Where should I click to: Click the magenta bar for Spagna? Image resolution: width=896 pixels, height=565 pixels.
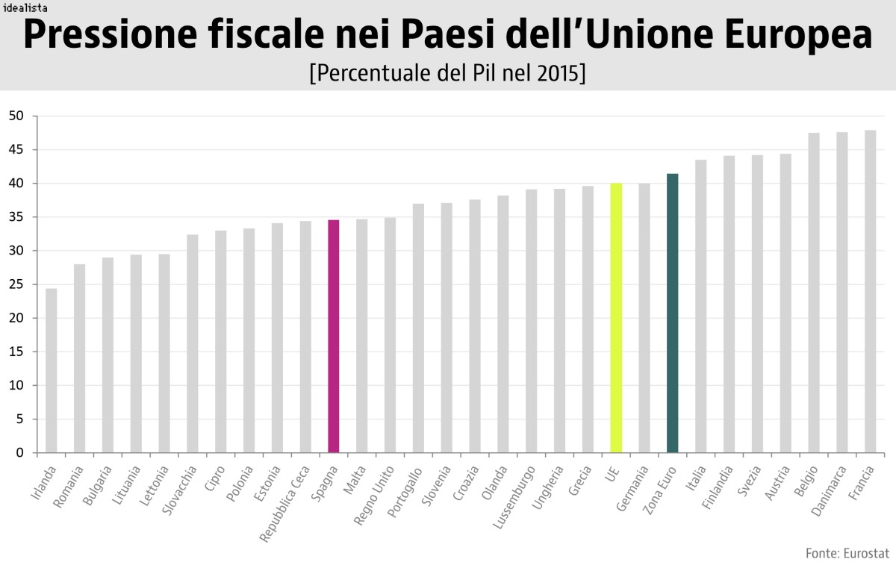point(334,336)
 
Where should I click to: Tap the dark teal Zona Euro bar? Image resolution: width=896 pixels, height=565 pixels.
point(672,313)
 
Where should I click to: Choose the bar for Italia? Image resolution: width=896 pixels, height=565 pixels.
point(700,306)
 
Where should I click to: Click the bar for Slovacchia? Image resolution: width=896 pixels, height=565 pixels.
point(193,343)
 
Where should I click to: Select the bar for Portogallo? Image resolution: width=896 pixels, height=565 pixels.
point(418,328)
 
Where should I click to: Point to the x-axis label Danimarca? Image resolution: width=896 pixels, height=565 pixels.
point(830,493)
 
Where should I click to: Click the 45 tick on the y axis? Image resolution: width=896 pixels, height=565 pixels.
point(16,150)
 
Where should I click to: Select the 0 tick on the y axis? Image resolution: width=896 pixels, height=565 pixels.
point(20,453)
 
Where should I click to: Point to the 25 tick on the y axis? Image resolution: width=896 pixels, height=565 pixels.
point(16,284)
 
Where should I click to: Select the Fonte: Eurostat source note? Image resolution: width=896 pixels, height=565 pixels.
point(847,553)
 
